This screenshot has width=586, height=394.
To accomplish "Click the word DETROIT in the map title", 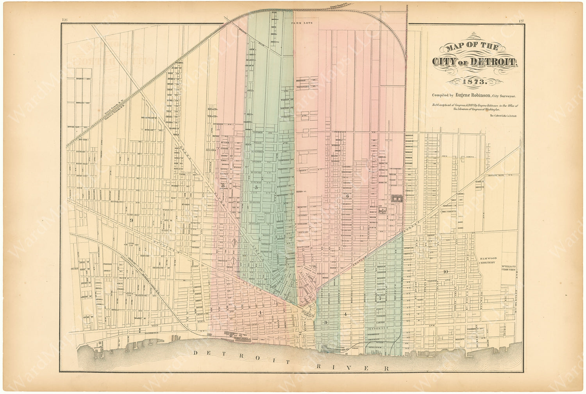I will [x=493, y=62].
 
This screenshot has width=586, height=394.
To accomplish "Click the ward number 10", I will [x=445, y=271].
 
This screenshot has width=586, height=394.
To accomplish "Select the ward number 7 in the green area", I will [x=379, y=298].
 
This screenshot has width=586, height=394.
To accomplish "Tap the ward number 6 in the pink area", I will [x=347, y=196].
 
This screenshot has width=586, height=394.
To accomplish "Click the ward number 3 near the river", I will [x=325, y=323].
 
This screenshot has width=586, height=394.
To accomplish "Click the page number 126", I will [x=65, y=20].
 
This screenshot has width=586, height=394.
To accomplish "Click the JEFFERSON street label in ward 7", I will [x=377, y=329].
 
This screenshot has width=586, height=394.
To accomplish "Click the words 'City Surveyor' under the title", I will [x=505, y=95].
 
